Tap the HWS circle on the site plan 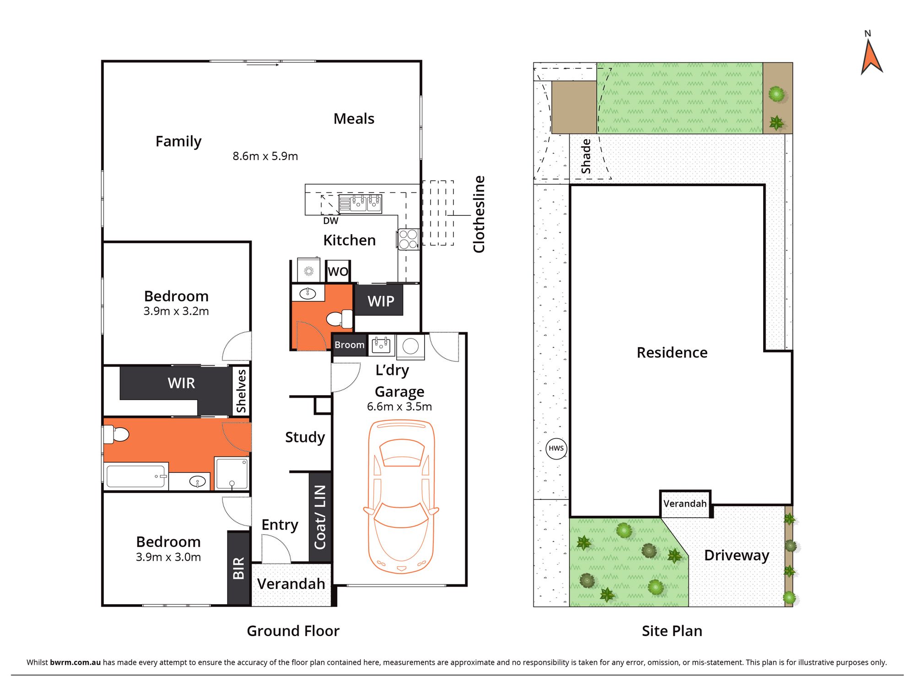coord(556,448)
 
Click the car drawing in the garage coord(401,496)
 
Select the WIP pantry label coord(381,301)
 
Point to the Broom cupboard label coord(350,345)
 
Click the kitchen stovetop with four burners coord(408,239)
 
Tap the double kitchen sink coord(360,204)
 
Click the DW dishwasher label coord(331,221)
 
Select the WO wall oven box coord(338,271)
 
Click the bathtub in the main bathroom coord(136,476)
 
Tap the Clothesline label coord(479,214)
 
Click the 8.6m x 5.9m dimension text coord(265,156)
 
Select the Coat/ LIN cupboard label coord(320,517)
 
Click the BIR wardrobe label coord(239,568)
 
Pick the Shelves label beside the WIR coord(241,391)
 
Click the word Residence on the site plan coord(672,352)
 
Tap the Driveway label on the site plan coord(737,555)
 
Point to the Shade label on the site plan coord(586,156)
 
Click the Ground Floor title coord(293,631)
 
